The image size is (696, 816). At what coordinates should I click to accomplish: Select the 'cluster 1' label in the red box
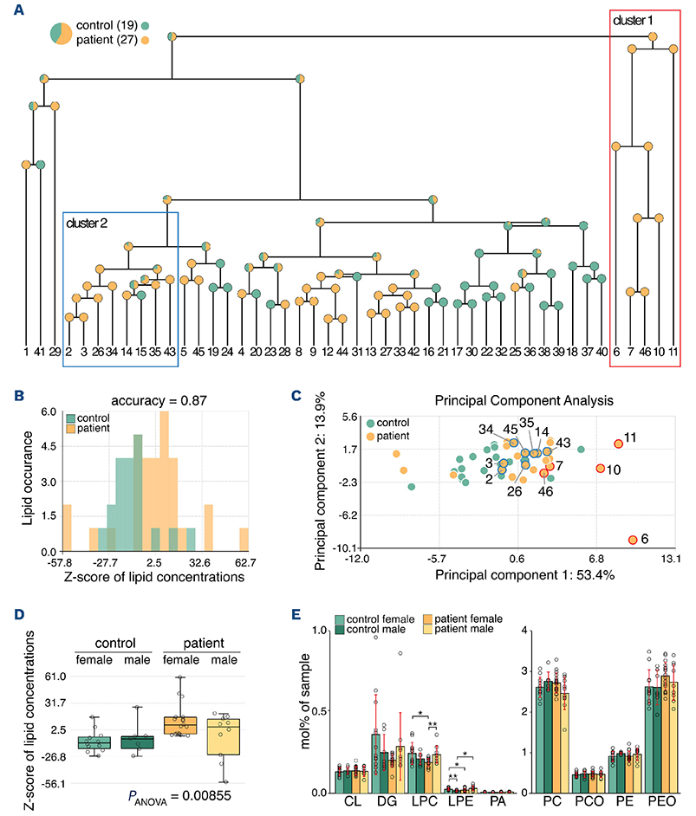click(634, 19)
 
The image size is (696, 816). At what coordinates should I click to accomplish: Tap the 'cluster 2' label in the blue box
click(87, 223)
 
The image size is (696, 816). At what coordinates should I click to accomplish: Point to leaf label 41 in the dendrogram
click(40, 353)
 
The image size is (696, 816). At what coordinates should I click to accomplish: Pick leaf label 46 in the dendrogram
click(645, 353)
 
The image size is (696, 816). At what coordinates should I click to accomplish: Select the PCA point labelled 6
click(633, 540)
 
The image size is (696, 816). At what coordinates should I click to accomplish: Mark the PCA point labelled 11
click(619, 444)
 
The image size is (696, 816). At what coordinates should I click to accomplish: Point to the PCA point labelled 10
click(600, 469)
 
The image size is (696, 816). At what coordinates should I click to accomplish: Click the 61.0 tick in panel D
click(58, 676)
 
